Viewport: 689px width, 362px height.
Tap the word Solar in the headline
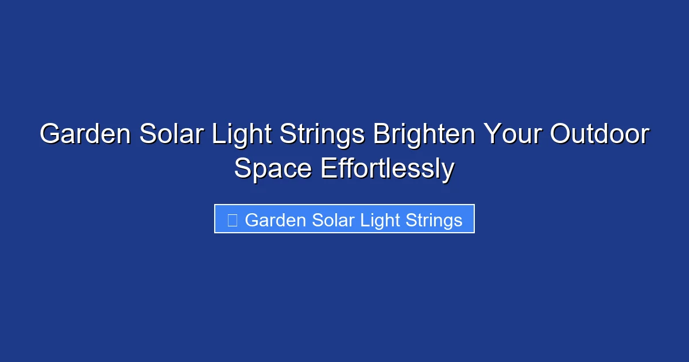click(171, 135)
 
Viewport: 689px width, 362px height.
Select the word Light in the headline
click(241, 135)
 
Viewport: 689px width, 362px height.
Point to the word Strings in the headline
click(321, 135)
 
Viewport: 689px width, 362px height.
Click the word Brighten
click(424, 135)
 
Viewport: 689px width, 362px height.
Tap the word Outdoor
click(599, 135)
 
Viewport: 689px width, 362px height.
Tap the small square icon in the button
click(233, 220)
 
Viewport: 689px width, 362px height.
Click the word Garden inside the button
click(276, 220)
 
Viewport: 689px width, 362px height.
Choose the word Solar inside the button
click(334, 220)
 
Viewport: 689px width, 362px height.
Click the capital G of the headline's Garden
click(50, 135)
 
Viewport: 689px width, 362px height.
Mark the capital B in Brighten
click(381, 135)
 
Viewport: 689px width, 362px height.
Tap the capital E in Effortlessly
click(327, 168)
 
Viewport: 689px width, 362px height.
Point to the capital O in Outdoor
click(559, 135)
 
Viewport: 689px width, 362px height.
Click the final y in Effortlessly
click(448, 171)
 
